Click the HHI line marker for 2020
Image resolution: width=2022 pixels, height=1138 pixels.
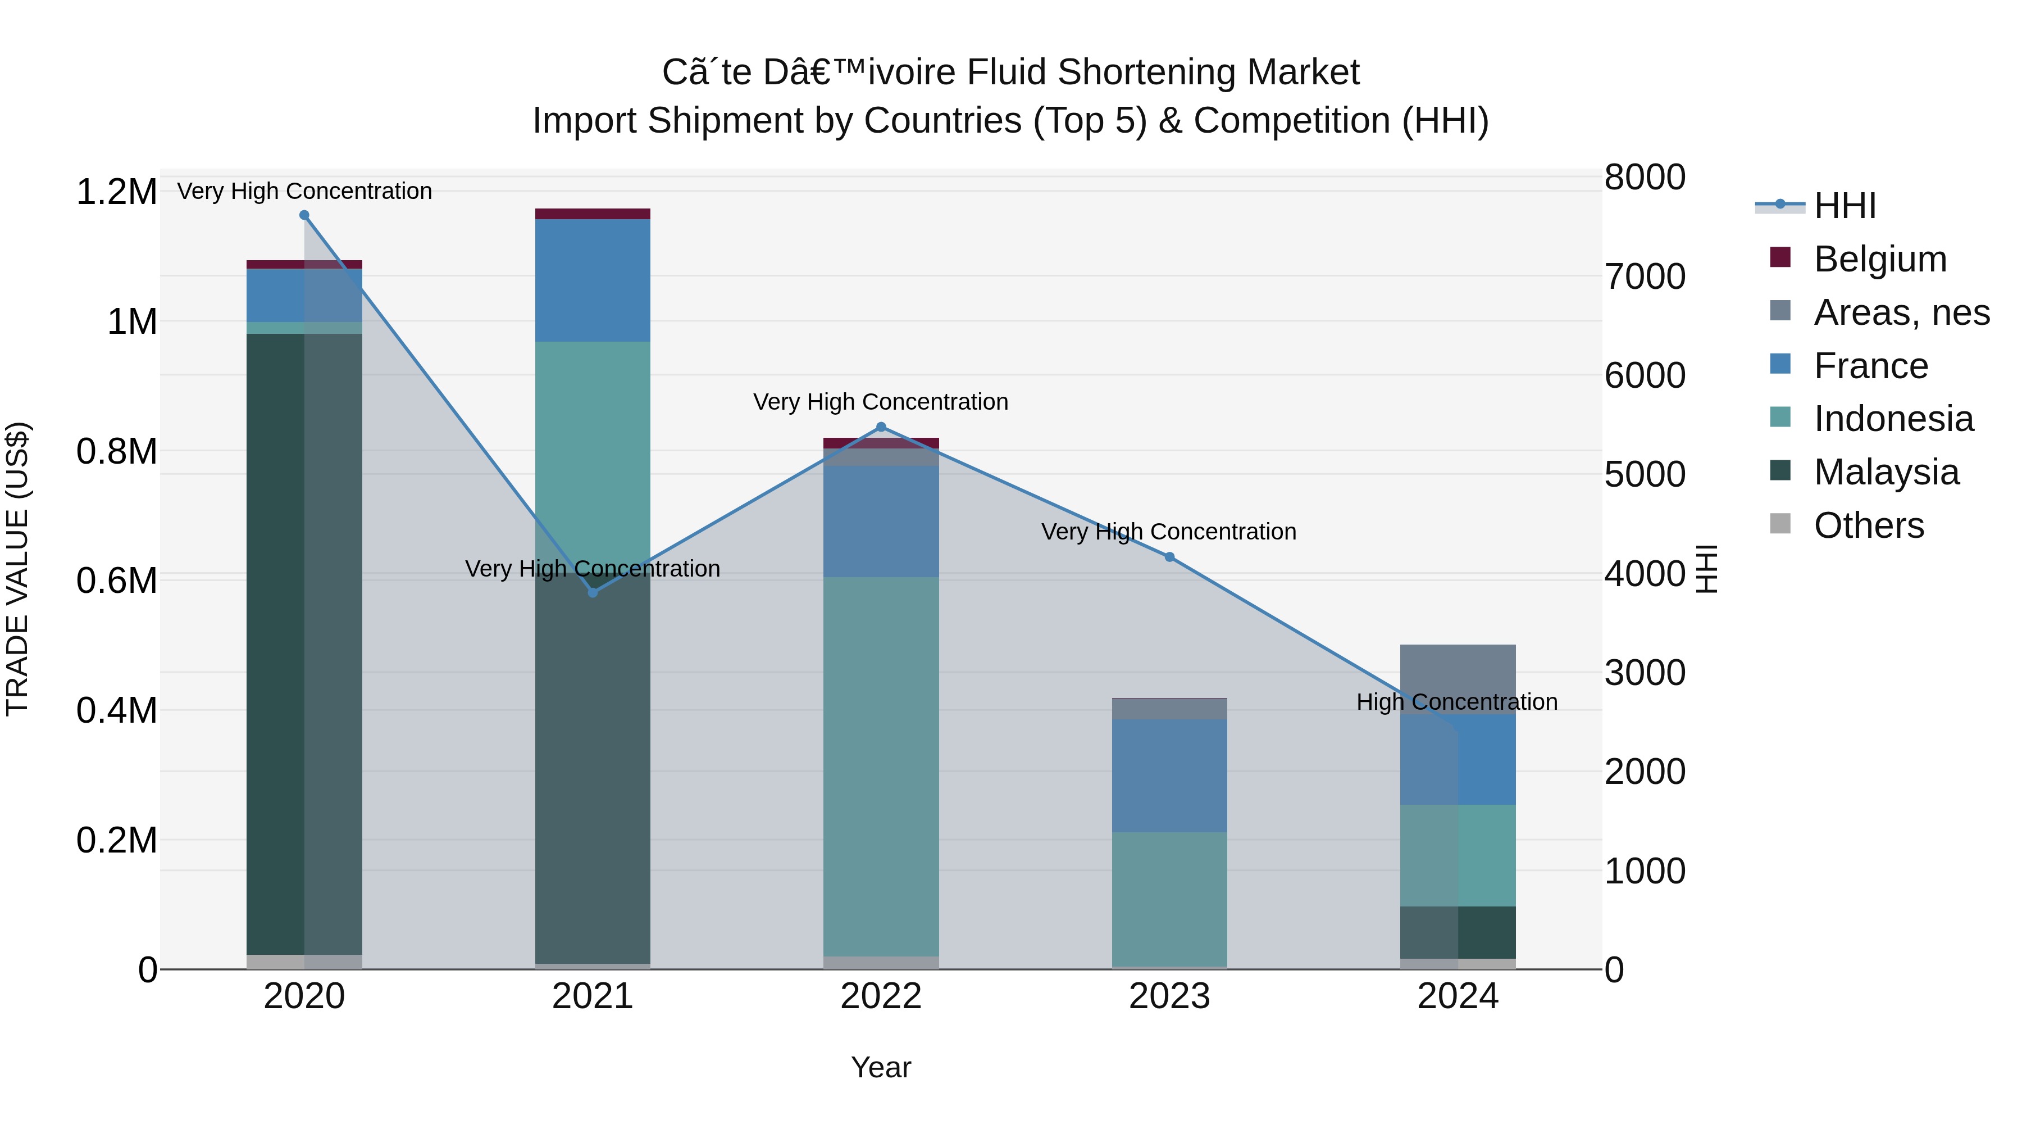304,215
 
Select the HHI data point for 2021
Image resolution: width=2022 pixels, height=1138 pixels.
593,592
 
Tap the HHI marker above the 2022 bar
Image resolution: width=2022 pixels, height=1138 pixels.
881,427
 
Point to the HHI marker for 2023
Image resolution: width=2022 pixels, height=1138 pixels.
1169,557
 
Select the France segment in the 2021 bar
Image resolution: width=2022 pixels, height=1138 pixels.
593,280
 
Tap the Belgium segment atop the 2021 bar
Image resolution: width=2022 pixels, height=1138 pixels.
593,214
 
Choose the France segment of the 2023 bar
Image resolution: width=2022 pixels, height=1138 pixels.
1169,776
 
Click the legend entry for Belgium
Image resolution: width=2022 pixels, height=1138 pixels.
1880,259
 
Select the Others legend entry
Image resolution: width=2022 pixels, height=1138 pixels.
1868,525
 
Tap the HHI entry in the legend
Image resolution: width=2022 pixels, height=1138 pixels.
1845,206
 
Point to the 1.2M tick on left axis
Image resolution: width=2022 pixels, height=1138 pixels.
116,192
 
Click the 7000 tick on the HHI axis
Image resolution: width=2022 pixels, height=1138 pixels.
1645,276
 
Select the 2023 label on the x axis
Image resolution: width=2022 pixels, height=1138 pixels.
1169,996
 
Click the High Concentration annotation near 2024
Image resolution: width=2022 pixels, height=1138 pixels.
1457,702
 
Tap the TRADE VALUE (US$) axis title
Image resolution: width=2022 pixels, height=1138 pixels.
17,569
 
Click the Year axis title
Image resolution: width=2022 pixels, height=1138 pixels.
881,1067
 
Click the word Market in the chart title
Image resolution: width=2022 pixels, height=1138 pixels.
1303,72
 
